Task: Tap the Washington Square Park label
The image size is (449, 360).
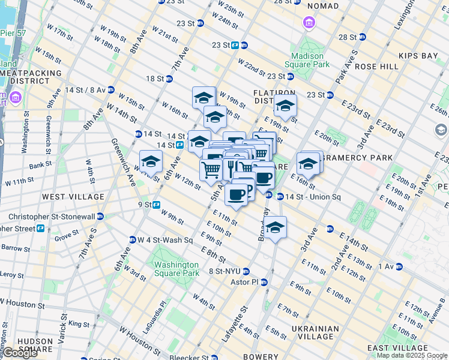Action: click(176, 269)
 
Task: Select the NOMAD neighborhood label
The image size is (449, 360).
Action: click(322, 6)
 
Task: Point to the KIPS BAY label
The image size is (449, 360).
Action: click(421, 56)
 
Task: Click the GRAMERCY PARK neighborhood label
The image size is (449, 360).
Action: click(358, 158)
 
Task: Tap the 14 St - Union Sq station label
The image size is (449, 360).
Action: click(308, 196)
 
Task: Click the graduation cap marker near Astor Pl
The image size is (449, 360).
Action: click(276, 227)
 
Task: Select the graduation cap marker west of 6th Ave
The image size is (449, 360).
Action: click(151, 161)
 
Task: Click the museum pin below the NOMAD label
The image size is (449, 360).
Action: click(310, 23)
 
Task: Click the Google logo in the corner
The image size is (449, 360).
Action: click(20, 353)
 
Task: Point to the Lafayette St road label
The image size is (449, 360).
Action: click(235, 325)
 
